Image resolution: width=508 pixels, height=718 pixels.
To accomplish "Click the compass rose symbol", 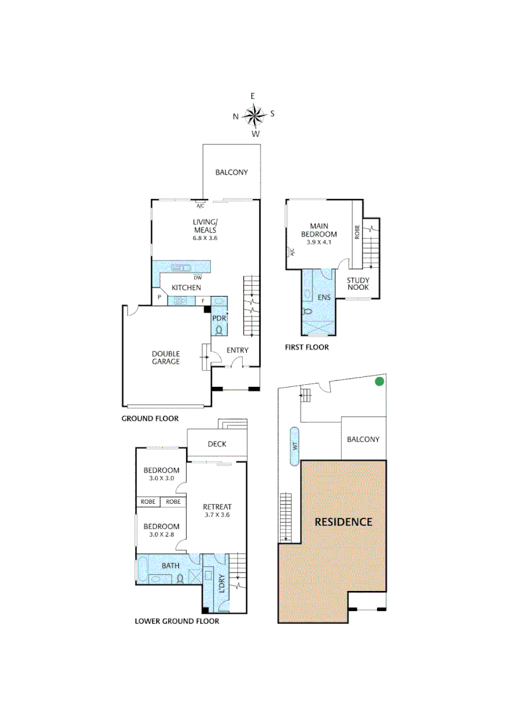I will pyautogui.click(x=254, y=116).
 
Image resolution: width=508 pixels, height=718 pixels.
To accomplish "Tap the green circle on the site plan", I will pyautogui.click(x=379, y=382).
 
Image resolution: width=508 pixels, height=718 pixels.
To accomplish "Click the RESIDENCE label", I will pyautogui.click(x=343, y=522).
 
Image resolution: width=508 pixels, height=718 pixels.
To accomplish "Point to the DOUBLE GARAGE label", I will pyautogui.click(x=166, y=358).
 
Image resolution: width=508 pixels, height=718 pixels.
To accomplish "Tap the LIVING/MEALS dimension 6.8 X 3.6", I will pyautogui.click(x=205, y=237).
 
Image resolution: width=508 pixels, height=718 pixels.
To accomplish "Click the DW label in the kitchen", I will pyautogui.click(x=198, y=277).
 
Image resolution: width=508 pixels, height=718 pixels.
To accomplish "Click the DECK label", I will pyautogui.click(x=217, y=444).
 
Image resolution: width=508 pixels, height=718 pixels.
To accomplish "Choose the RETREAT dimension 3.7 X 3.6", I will pyautogui.click(x=217, y=515).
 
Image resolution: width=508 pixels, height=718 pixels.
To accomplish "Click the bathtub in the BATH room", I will pyautogui.click(x=142, y=570).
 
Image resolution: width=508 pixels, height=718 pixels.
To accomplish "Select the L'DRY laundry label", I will pyautogui.click(x=222, y=583).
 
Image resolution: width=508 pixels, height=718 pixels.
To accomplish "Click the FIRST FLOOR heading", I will pyautogui.click(x=307, y=347).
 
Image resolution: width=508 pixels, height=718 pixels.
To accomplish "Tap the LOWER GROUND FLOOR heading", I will pyautogui.click(x=177, y=622).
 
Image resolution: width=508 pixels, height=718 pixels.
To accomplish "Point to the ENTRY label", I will pyautogui.click(x=237, y=350).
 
